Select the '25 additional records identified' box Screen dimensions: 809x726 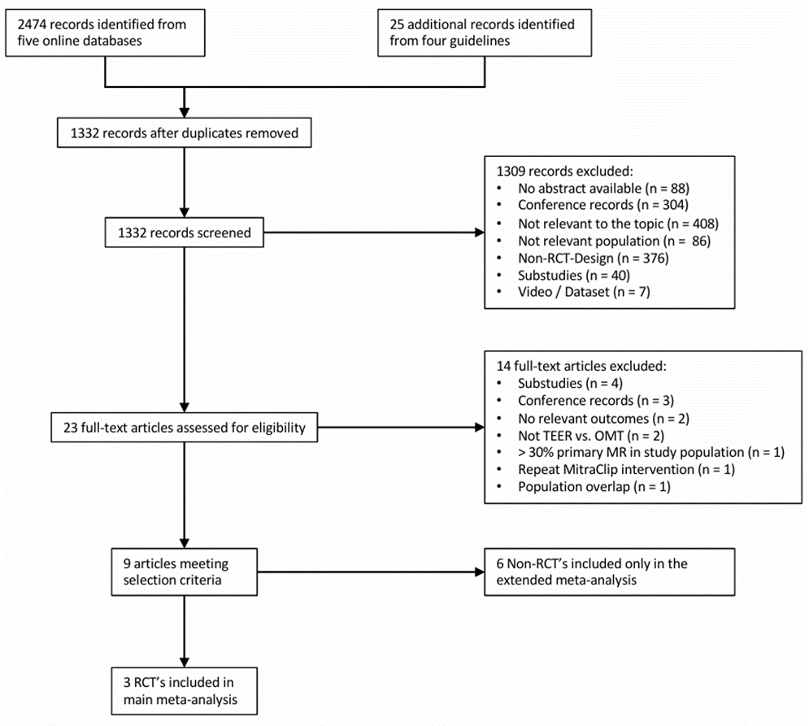(x=485, y=33)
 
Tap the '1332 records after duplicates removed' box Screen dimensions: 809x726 (x=185, y=133)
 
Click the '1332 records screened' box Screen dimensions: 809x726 (x=185, y=233)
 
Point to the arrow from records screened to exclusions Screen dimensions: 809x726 (x=374, y=233)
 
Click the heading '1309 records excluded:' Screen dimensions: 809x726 (x=564, y=172)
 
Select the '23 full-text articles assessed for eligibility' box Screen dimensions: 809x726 (x=185, y=428)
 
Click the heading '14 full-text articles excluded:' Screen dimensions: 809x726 (x=581, y=366)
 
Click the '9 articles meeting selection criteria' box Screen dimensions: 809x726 (x=185, y=572)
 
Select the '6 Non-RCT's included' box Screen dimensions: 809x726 (x=609, y=572)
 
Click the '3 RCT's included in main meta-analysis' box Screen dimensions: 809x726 (x=185, y=691)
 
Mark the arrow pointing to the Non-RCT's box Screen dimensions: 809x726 (x=371, y=572)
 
